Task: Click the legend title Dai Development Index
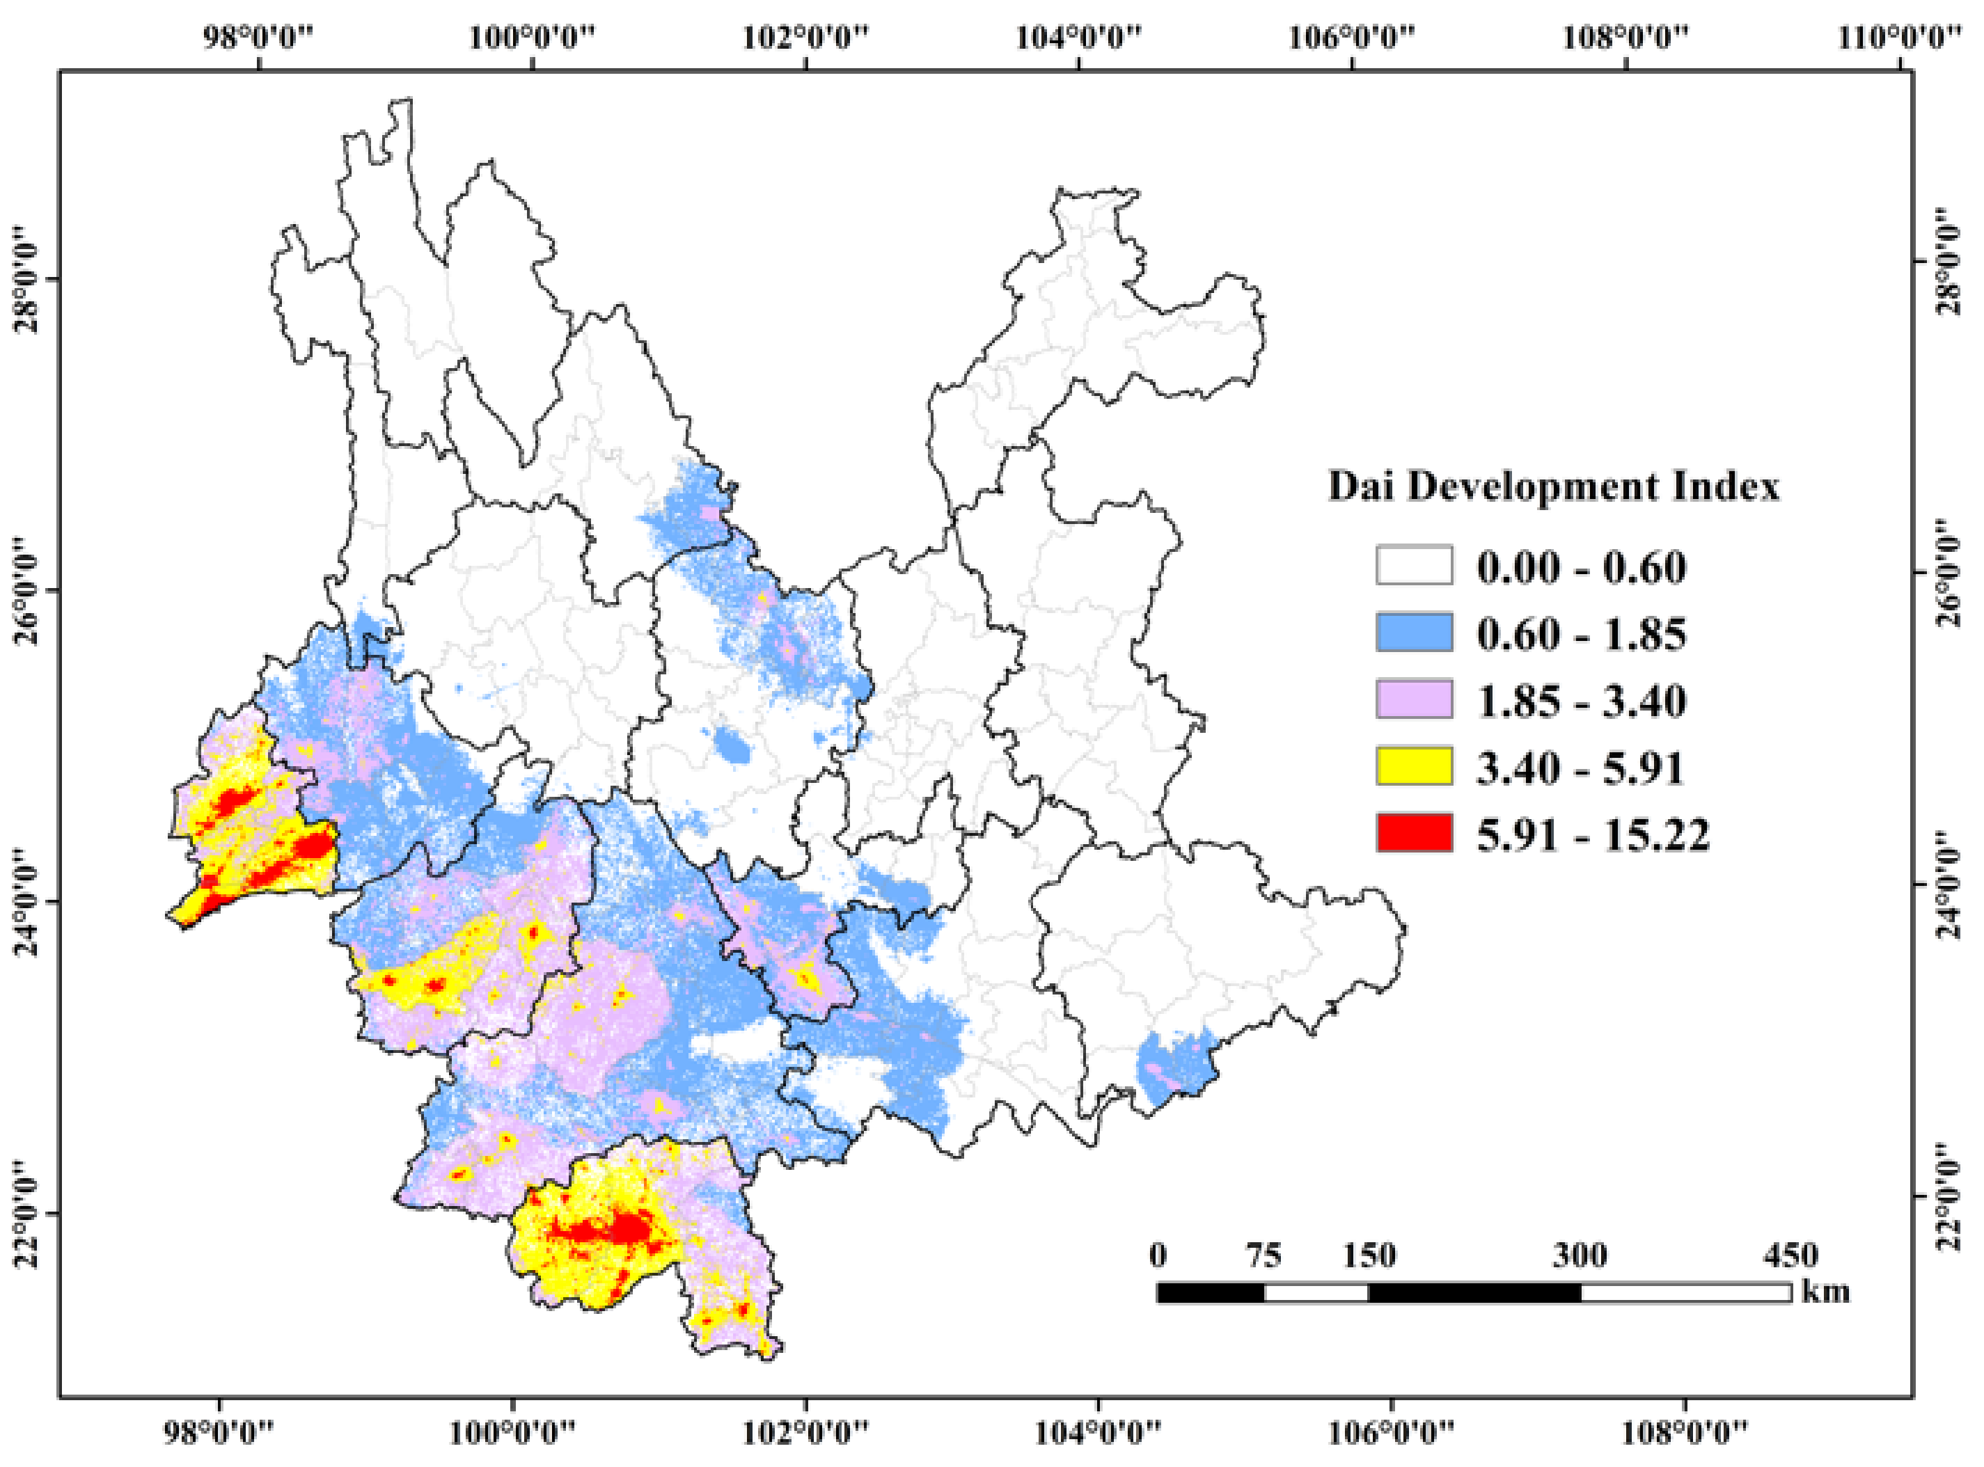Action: [1553, 486]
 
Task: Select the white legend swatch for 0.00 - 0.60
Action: [1414, 566]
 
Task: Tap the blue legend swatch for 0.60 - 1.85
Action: [1414, 633]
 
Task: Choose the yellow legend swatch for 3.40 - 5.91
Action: [1414, 766]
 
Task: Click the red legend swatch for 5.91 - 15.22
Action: [1414, 834]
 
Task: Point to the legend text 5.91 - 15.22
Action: [1592, 834]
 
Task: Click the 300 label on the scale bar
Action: [1579, 1255]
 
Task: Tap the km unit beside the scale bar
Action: [1826, 1291]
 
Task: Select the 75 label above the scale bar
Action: [1263, 1255]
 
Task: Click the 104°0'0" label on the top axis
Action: [1078, 38]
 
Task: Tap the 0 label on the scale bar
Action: [1157, 1255]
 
